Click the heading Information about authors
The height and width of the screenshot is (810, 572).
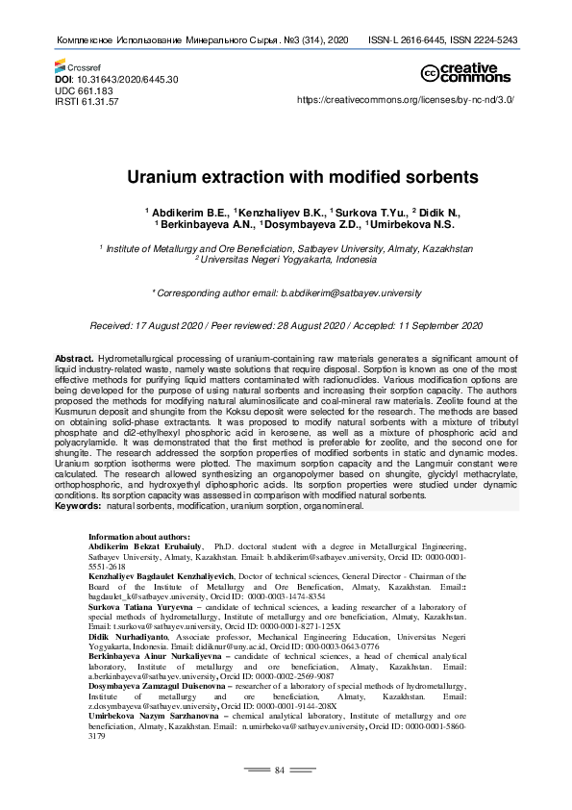coord(138,536)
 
